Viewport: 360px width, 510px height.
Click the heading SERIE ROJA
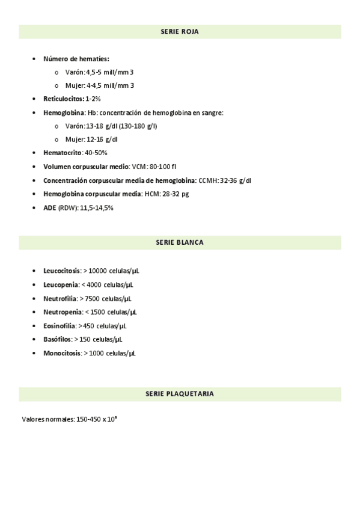(180, 31)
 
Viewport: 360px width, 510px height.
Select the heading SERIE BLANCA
(180, 242)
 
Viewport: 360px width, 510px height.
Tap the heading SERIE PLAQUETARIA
(180, 394)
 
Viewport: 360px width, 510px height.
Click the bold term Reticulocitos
(63, 99)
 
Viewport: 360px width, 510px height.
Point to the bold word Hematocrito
(63, 153)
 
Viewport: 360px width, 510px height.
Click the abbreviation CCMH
(208, 180)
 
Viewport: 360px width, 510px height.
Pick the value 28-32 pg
(175, 194)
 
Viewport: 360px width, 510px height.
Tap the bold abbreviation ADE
(50, 208)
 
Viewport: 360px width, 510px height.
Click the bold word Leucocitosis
(62, 271)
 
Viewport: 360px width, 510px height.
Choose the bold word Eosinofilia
(59, 326)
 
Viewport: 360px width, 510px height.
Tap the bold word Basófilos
(57, 340)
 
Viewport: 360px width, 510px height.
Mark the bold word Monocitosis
(62, 354)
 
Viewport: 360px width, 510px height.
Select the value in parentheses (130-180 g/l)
(138, 126)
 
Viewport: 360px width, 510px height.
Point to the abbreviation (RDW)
(68, 208)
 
